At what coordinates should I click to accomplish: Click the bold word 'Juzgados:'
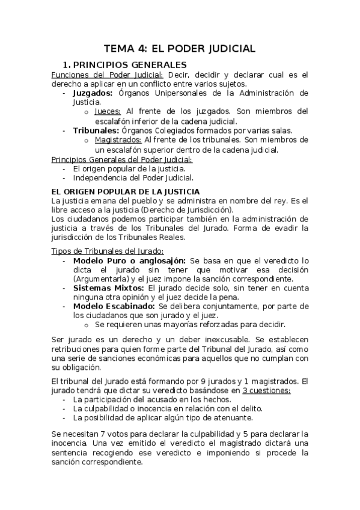point(93,93)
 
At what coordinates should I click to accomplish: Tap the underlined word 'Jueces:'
point(108,111)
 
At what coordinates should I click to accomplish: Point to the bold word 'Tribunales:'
point(94,131)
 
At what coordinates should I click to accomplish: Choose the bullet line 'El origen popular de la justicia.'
point(129,168)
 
